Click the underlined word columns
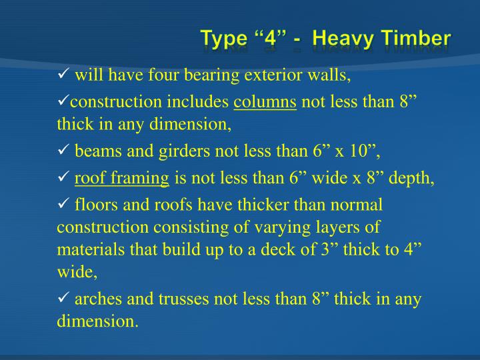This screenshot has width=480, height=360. coord(265,102)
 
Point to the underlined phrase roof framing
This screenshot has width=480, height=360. coord(122,178)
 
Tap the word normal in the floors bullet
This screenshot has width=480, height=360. coord(359,203)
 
